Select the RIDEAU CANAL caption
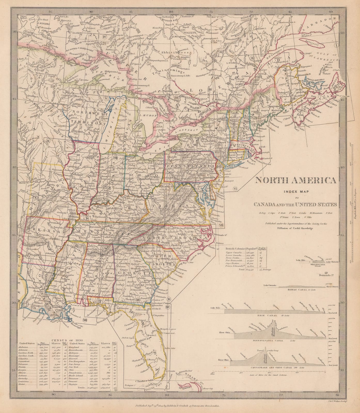pos(297,290)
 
